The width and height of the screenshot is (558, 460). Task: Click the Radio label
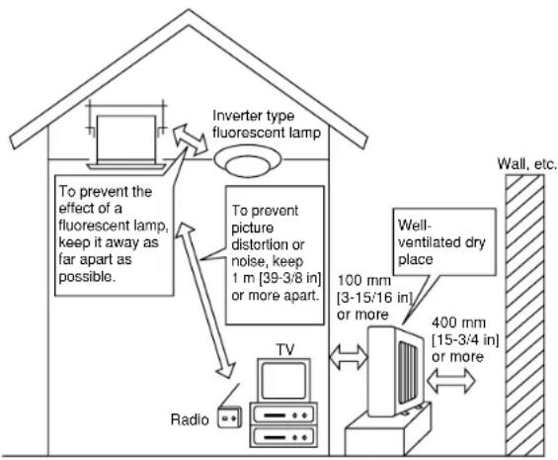[x=190, y=419]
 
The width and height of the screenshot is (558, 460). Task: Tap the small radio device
[x=229, y=417]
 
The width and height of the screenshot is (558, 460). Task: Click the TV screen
[x=283, y=380]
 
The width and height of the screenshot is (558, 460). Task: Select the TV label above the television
[x=285, y=350]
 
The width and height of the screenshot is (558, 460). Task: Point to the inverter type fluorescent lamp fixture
[x=248, y=161]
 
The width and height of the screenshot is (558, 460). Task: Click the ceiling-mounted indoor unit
[x=126, y=140]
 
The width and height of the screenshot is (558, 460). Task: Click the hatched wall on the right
[x=524, y=316]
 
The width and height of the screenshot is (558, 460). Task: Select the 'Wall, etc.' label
[x=526, y=163]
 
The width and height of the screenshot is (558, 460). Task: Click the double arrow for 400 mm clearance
[x=451, y=381]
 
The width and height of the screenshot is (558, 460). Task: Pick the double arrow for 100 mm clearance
[x=349, y=356]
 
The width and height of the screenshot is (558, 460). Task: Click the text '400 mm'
[x=458, y=322]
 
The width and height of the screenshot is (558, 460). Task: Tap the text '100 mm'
[x=363, y=281]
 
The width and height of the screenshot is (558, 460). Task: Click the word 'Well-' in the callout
[x=415, y=226]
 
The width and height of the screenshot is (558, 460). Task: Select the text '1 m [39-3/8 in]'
[x=277, y=279]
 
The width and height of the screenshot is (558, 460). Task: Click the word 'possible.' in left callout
[x=87, y=277]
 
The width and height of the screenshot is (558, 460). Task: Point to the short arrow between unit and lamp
[x=190, y=139]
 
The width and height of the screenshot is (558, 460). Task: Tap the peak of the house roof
[x=189, y=10]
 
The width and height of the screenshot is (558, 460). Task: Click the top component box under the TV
[x=283, y=414]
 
